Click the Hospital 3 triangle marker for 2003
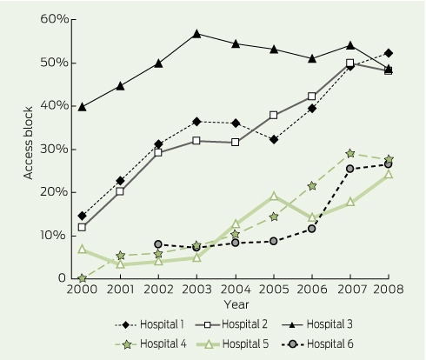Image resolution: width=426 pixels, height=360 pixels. pyautogui.click(x=196, y=34)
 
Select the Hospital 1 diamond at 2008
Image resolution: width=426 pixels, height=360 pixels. pyautogui.click(x=389, y=53)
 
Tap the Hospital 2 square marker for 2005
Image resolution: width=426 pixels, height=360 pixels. pyautogui.click(x=273, y=115)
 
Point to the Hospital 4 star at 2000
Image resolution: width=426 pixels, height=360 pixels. pyautogui.click(x=82, y=278)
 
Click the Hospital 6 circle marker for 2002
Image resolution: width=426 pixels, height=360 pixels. pyautogui.click(x=158, y=244)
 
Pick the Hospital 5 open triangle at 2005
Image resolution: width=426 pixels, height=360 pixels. pyautogui.click(x=274, y=196)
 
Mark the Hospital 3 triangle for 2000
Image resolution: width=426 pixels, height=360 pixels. pyautogui.click(x=82, y=107)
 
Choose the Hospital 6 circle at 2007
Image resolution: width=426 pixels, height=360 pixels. pyautogui.click(x=350, y=169)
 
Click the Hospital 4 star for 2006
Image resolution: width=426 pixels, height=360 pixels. pyautogui.click(x=312, y=186)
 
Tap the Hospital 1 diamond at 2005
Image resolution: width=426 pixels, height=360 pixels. pyautogui.click(x=274, y=140)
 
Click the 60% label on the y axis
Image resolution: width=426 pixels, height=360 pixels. pyautogui.click(x=55, y=19)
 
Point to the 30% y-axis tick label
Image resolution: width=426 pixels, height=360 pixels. pyautogui.click(x=55, y=150)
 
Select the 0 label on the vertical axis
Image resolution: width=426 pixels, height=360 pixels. pyautogui.click(x=62, y=278)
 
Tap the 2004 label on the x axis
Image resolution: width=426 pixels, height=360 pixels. pyautogui.click(x=236, y=290)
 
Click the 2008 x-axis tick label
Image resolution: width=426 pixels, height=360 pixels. pyautogui.click(x=389, y=290)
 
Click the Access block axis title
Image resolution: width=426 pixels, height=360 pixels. pyautogui.click(x=28, y=143)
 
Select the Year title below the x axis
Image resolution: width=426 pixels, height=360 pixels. pyautogui.click(x=236, y=304)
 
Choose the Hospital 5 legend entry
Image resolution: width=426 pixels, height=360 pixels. pyautogui.click(x=233, y=344)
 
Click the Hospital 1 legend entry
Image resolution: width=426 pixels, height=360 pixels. pyautogui.click(x=150, y=324)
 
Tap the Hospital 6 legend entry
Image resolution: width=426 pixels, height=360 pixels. pyautogui.click(x=317, y=344)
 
